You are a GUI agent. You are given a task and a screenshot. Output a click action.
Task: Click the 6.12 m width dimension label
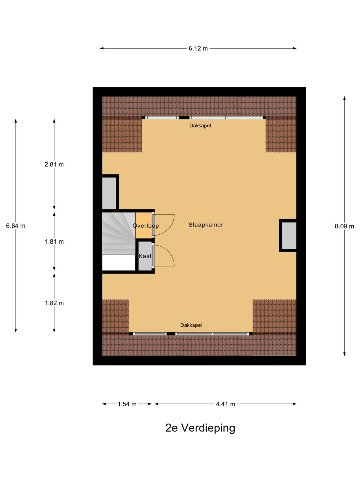click(x=198, y=48)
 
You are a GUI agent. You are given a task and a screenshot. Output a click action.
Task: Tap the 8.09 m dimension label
click(x=344, y=226)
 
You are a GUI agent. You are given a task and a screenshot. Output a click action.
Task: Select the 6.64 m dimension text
click(x=16, y=226)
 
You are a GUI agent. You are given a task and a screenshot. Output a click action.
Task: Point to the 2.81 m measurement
click(x=54, y=164)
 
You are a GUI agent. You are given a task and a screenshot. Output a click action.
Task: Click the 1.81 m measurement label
click(x=54, y=241)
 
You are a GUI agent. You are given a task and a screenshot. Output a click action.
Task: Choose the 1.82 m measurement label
click(x=54, y=303)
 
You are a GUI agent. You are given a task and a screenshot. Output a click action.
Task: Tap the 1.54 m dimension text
click(x=127, y=404)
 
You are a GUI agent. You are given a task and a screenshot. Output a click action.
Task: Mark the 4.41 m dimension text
click(x=226, y=404)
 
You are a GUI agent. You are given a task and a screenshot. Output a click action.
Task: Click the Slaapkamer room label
click(x=206, y=225)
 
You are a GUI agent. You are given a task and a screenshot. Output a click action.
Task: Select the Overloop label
click(x=145, y=226)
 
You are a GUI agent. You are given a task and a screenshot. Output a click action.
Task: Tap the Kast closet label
click(x=145, y=256)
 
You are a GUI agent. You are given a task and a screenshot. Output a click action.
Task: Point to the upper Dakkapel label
click(x=200, y=126)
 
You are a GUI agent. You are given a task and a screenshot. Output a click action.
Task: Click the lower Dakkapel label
click(x=191, y=325)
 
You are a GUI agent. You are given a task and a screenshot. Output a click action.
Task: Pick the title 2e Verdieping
click(x=200, y=428)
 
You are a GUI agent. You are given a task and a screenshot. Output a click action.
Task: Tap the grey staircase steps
click(x=119, y=233)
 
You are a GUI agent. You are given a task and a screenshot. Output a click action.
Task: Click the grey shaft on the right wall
click(x=289, y=235)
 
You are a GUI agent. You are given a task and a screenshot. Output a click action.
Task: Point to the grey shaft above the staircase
click(x=109, y=193)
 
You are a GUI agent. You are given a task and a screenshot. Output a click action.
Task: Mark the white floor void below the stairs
click(x=119, y=262)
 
